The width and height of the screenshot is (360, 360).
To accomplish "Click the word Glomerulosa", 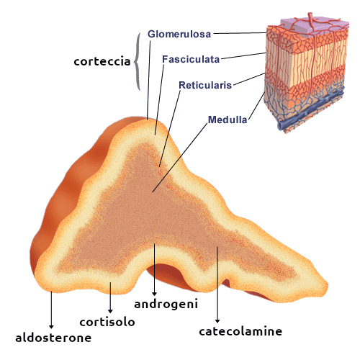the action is click(179, 34).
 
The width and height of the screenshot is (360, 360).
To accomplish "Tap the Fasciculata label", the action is click(191, 59).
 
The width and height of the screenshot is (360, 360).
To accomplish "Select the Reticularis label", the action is click(205, 85).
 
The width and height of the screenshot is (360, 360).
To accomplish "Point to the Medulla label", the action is click(228, 120).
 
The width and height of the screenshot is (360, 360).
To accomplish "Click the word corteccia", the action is click(102, 61).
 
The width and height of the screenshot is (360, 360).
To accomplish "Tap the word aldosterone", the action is click(53, 338).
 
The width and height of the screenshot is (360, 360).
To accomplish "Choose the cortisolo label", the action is click(107, 322).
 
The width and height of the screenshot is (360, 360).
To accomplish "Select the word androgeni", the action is click(166, 305).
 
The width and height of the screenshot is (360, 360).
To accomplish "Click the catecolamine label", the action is click(240, 331).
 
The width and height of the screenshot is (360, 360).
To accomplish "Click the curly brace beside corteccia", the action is click(137, 61).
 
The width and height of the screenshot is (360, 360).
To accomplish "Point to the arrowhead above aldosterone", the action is click(51, 327).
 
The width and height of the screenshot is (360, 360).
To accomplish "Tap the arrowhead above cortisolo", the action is click(110, 311).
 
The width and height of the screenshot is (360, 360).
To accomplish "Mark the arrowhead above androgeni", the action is click(155, 294).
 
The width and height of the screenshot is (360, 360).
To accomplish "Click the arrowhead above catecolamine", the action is click(217, 321).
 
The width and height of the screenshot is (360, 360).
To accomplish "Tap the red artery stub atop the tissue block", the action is click(311, 19).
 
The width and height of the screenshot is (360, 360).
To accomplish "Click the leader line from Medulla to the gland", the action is click(180, 158).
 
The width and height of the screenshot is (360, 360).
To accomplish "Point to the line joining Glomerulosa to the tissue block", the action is click(240, 33).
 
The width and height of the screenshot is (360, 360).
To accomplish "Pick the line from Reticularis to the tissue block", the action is click(249, 79).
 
